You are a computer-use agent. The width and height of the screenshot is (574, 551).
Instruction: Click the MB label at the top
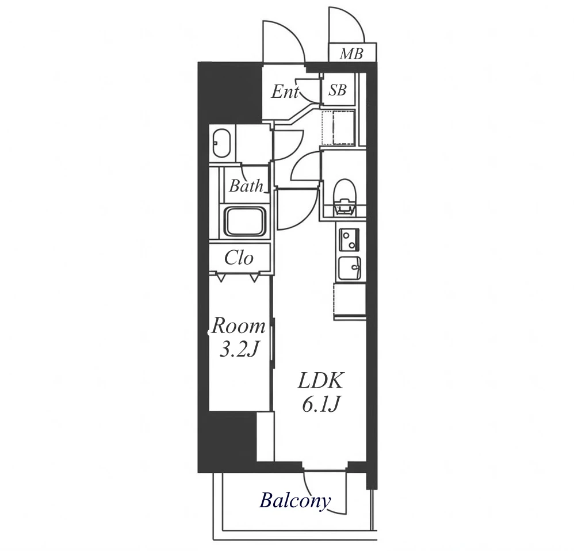tap(351, 54)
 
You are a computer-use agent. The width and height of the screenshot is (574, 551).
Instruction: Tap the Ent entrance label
tap(285, 91)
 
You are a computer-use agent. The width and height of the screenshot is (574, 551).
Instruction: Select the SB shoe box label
tap(337, 90)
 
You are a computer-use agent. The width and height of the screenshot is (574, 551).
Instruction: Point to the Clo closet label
tap(239, 258)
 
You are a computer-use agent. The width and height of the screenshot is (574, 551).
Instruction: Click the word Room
tap(238, 326)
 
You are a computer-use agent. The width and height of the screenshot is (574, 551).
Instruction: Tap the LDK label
tap(321, 381)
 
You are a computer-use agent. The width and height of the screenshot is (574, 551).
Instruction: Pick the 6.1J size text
tap(321, 404)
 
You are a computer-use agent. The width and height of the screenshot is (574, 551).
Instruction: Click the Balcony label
tap(295, 500)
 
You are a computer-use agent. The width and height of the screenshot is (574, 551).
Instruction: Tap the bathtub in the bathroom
tap(245, 222)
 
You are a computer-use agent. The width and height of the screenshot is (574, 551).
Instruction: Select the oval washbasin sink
tap(222, 144)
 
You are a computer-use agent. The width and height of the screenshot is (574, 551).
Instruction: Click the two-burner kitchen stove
tap(349, 239)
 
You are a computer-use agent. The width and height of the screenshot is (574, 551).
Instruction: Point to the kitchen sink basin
tap(349, 269)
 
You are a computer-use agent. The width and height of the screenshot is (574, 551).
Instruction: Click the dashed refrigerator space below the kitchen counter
tap(350, 301)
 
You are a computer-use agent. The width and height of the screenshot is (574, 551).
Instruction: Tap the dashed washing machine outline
tap(338, 128)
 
